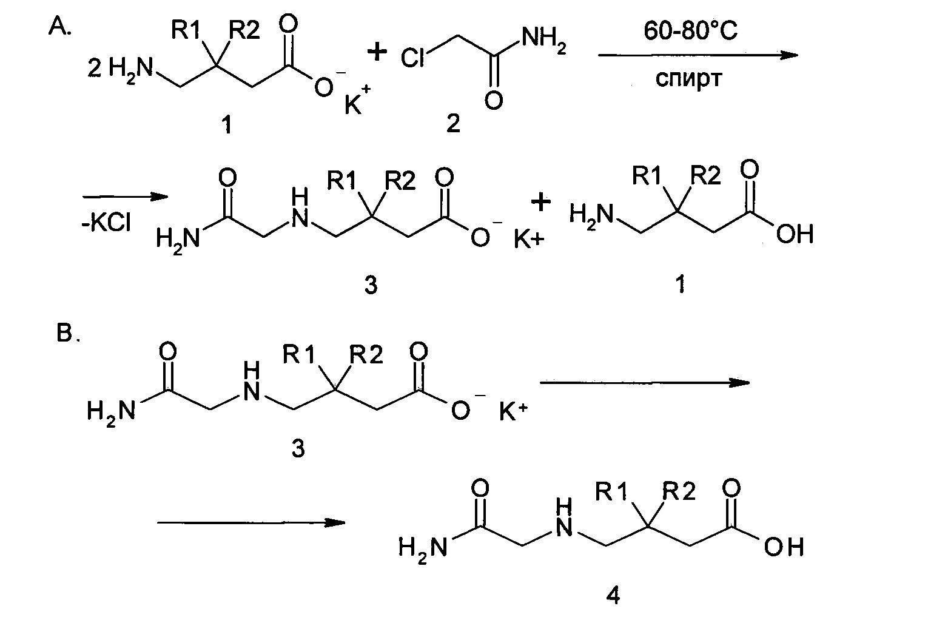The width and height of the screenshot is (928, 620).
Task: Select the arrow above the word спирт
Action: [x=697, y=55]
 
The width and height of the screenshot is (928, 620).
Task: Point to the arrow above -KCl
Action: [x=124, y=197]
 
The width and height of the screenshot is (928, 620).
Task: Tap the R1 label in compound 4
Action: [x=613, y=492]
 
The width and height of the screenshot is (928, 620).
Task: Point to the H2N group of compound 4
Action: [x=423, y=548]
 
